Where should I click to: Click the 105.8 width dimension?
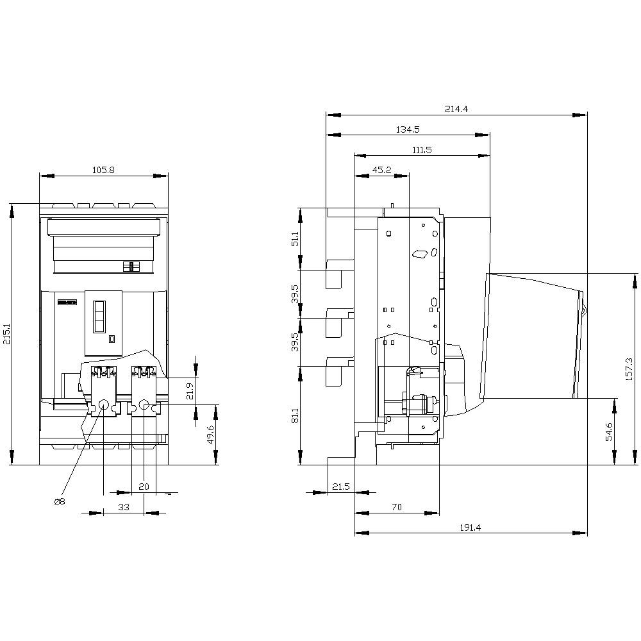pyautogui.click(x=103, y=170)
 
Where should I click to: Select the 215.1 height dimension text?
pyautogui.click(x=7, y=333)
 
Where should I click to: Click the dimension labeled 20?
pyautogui.click(x=144, y=487)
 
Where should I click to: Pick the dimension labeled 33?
pyautogui.click(x=124, y=506)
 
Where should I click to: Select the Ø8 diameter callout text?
pyautogui.click(x=59, y=501)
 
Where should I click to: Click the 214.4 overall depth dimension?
pyautogui.click(x=456, y=109)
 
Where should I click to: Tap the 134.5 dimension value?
pyautogui.click(x=408, y=129)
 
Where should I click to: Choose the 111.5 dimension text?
pyautogui.click(x=422, y=149)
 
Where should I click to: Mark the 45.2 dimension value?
pyautogui.click(x=381, y=170)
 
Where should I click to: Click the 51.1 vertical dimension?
pyautogui.click(x=295, y=239)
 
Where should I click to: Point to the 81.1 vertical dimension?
pyautogui.click(x=295, y=415)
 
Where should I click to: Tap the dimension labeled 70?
pyautogui.click(x=396, y=506)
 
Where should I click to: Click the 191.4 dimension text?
pyautogui.click(x=470, y=527)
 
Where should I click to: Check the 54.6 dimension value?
pyautogui.click(x=608, y=431)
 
